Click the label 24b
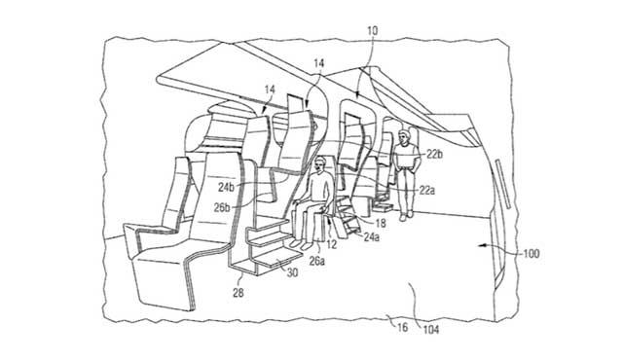tap(226, 187)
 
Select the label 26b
tap(222, 206)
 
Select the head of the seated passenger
tap(321, 166)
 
